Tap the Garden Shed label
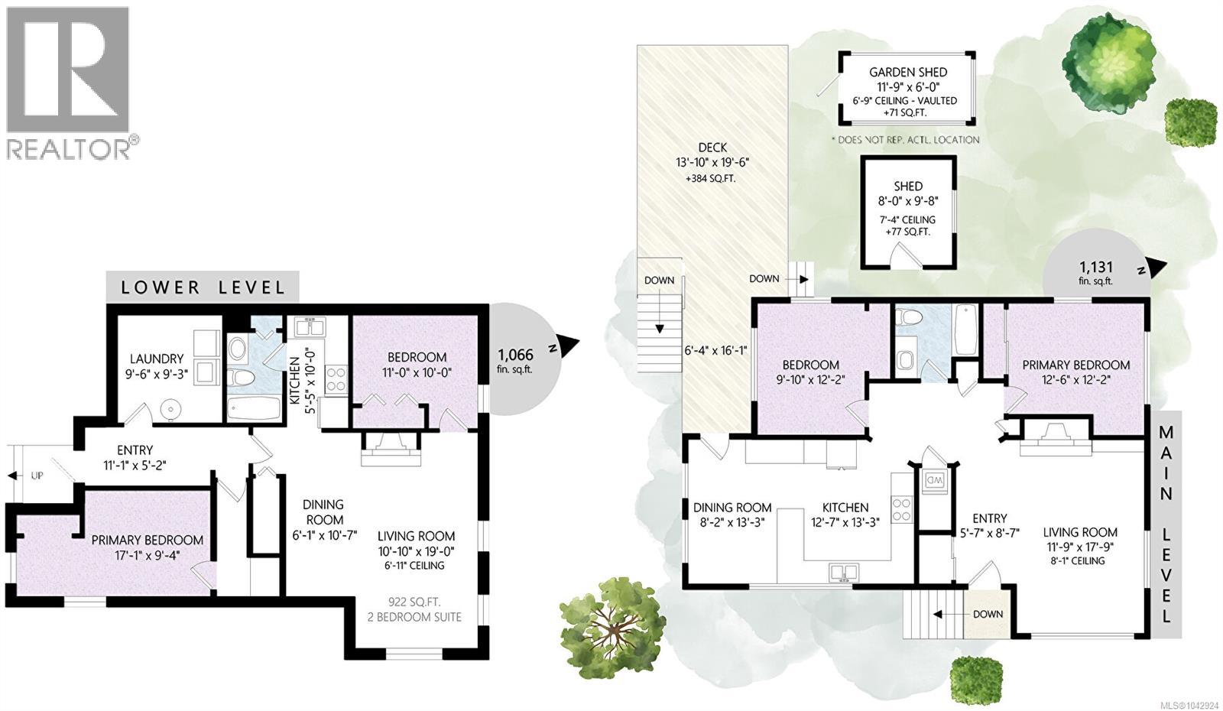908,72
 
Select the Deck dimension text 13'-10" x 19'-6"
712,163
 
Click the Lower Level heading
203,287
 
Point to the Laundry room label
157,359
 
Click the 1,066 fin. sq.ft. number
515,355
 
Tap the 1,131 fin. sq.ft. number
1096,267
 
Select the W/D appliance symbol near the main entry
933,481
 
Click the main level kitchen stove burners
902,509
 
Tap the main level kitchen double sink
844,573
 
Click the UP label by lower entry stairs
37,476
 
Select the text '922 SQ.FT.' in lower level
415,602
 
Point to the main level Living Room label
1080,532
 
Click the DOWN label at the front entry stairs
988,614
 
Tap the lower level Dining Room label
324,512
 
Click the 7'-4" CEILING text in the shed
908,219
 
